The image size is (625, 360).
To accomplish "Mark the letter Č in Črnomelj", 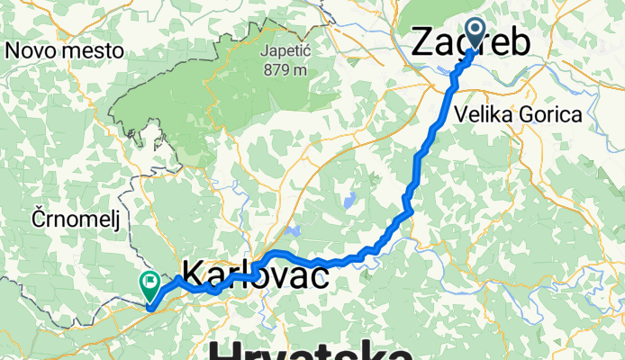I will [x=39, y=218].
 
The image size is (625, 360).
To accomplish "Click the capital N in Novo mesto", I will [x=12, y=50].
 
